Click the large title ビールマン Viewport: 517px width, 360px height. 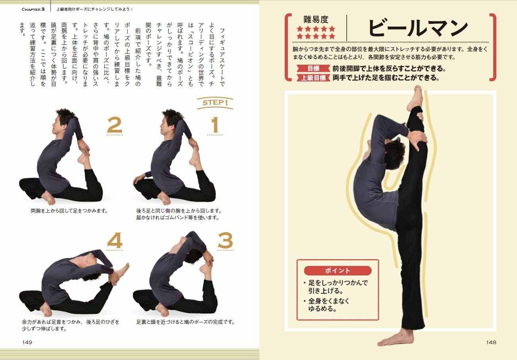point(418,28)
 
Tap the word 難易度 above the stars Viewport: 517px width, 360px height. point(316,19)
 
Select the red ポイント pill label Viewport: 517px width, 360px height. point(338,270)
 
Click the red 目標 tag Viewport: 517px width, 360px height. point(313,69)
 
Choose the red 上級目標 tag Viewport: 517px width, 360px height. point(313,78)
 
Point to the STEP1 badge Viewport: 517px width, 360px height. point(215,103)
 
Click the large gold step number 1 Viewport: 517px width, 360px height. point(215,125)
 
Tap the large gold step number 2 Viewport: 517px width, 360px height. point(114,125)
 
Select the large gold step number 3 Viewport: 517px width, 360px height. point(225,241)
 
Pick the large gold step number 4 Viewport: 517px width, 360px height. point(115,241)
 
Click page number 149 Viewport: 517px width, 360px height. point(27,342)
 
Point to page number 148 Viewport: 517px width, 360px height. point(491,342)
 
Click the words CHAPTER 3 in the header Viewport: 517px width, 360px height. point(33,9)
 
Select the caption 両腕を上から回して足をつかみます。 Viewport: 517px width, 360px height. point(69,211)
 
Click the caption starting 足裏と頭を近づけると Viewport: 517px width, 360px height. point(185,322)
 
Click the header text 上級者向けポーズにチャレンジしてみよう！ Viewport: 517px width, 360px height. point(95,9)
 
